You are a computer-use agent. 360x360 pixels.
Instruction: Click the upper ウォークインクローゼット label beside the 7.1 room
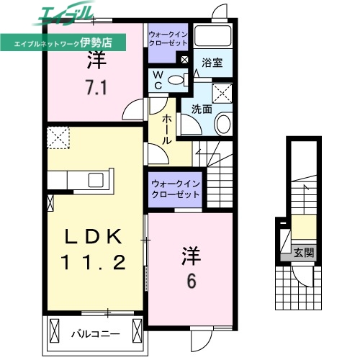168,38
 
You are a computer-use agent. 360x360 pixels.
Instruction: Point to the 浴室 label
212,63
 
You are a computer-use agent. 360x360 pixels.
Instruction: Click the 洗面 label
201,109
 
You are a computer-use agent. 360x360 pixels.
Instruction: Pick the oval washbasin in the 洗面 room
222,125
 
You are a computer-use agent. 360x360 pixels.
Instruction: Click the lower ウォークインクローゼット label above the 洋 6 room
175,190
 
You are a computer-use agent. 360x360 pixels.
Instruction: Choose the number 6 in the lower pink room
191,282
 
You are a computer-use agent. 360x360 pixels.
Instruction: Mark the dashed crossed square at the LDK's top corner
58,135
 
